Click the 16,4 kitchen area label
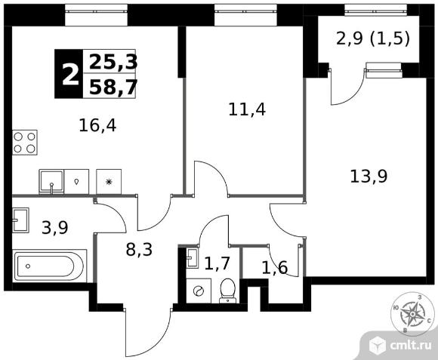[97, 125]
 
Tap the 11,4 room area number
[247, 109]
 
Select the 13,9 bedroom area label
[369, 177]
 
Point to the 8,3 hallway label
[139, 249]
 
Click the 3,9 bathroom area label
[55, 227]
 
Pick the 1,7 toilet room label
[217, 263]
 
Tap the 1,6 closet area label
[275, 268]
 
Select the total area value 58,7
[113, 87]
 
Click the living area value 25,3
[113, 62]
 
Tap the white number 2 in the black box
[70, 74]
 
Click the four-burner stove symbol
[25, 143]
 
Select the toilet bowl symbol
[228, 291]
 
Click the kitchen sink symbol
[51, 181]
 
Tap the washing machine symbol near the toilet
[199, 291]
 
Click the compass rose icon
[413, 314]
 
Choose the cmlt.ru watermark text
[410, 346]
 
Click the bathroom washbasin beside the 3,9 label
[20, 220]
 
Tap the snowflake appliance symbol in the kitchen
[109, 182]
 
